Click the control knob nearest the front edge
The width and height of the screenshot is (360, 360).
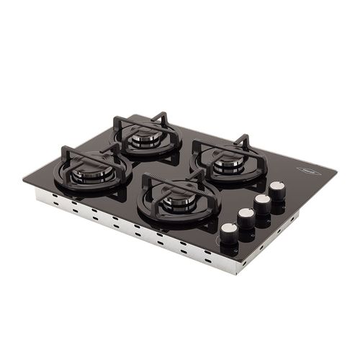(229, 232)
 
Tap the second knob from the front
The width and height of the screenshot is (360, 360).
(246, 216)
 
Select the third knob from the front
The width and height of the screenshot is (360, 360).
(262, 202)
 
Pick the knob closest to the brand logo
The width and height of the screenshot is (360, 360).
(277, 189)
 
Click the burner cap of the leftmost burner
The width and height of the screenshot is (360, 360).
(91, 171)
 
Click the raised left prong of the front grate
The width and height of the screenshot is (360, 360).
(146, 179)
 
